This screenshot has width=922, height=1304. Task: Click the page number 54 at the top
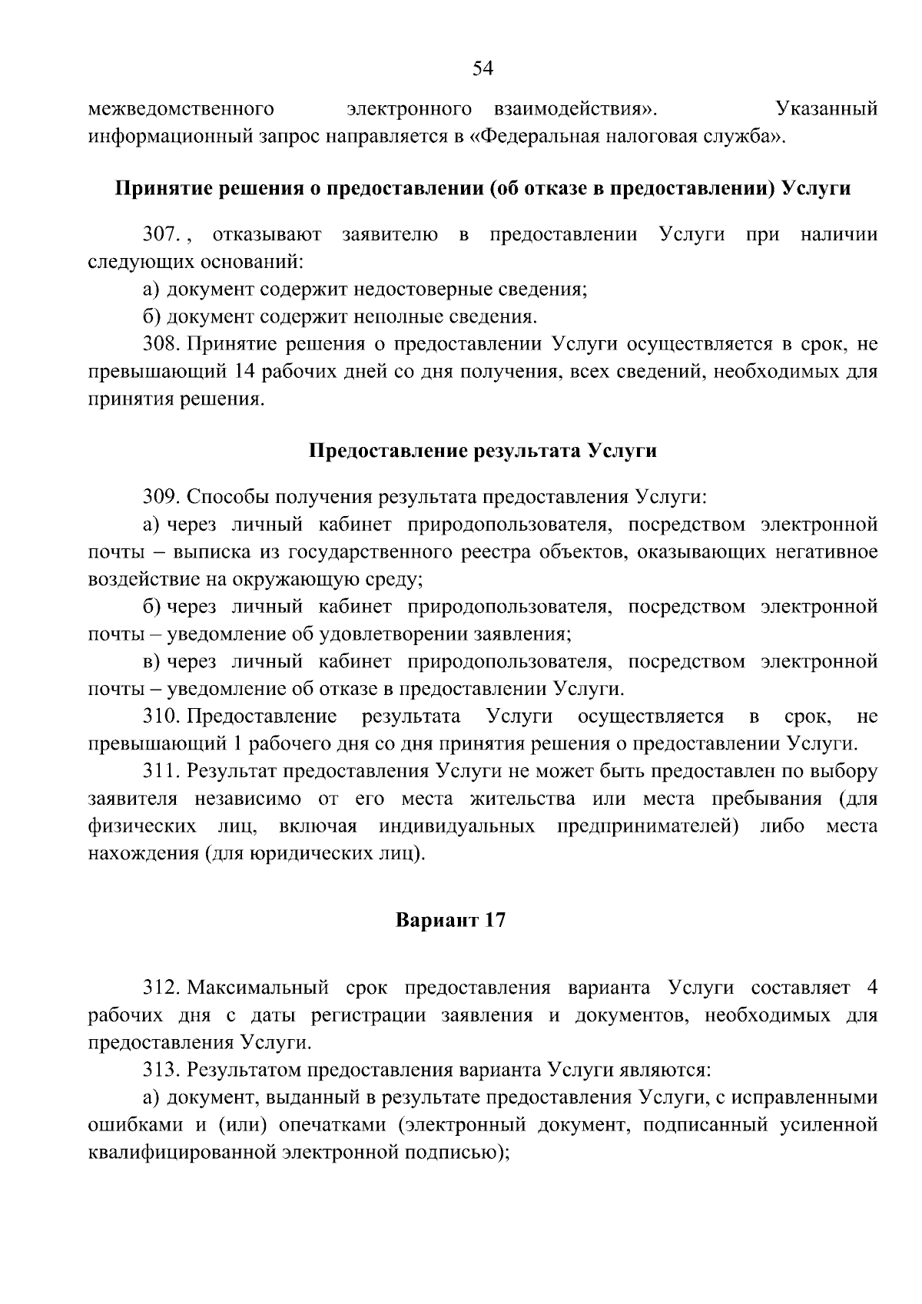click(482, 69)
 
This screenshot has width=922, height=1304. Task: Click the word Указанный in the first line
click(827, 109)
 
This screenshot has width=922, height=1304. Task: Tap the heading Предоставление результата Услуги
click(483, 451)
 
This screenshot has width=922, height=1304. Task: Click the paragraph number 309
click(161, 497)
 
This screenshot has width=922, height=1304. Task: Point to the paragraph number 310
click(161, 717)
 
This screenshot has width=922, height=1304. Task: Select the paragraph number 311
click(161, 771)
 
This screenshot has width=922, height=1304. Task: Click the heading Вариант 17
click(450, 920)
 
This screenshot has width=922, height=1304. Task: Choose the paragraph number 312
click(161, 987)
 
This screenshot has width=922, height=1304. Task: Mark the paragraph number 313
click(161, 1069)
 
